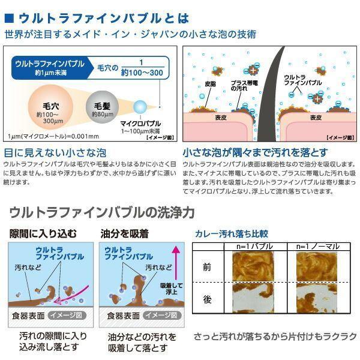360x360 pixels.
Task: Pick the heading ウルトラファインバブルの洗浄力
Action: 102,212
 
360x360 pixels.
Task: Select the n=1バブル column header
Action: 247,246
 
